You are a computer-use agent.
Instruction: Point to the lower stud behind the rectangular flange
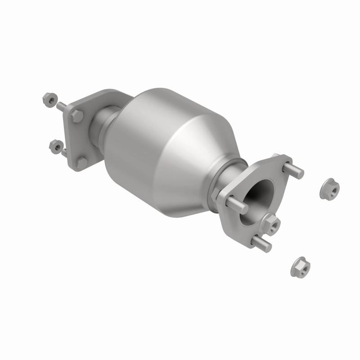(64, 152)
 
